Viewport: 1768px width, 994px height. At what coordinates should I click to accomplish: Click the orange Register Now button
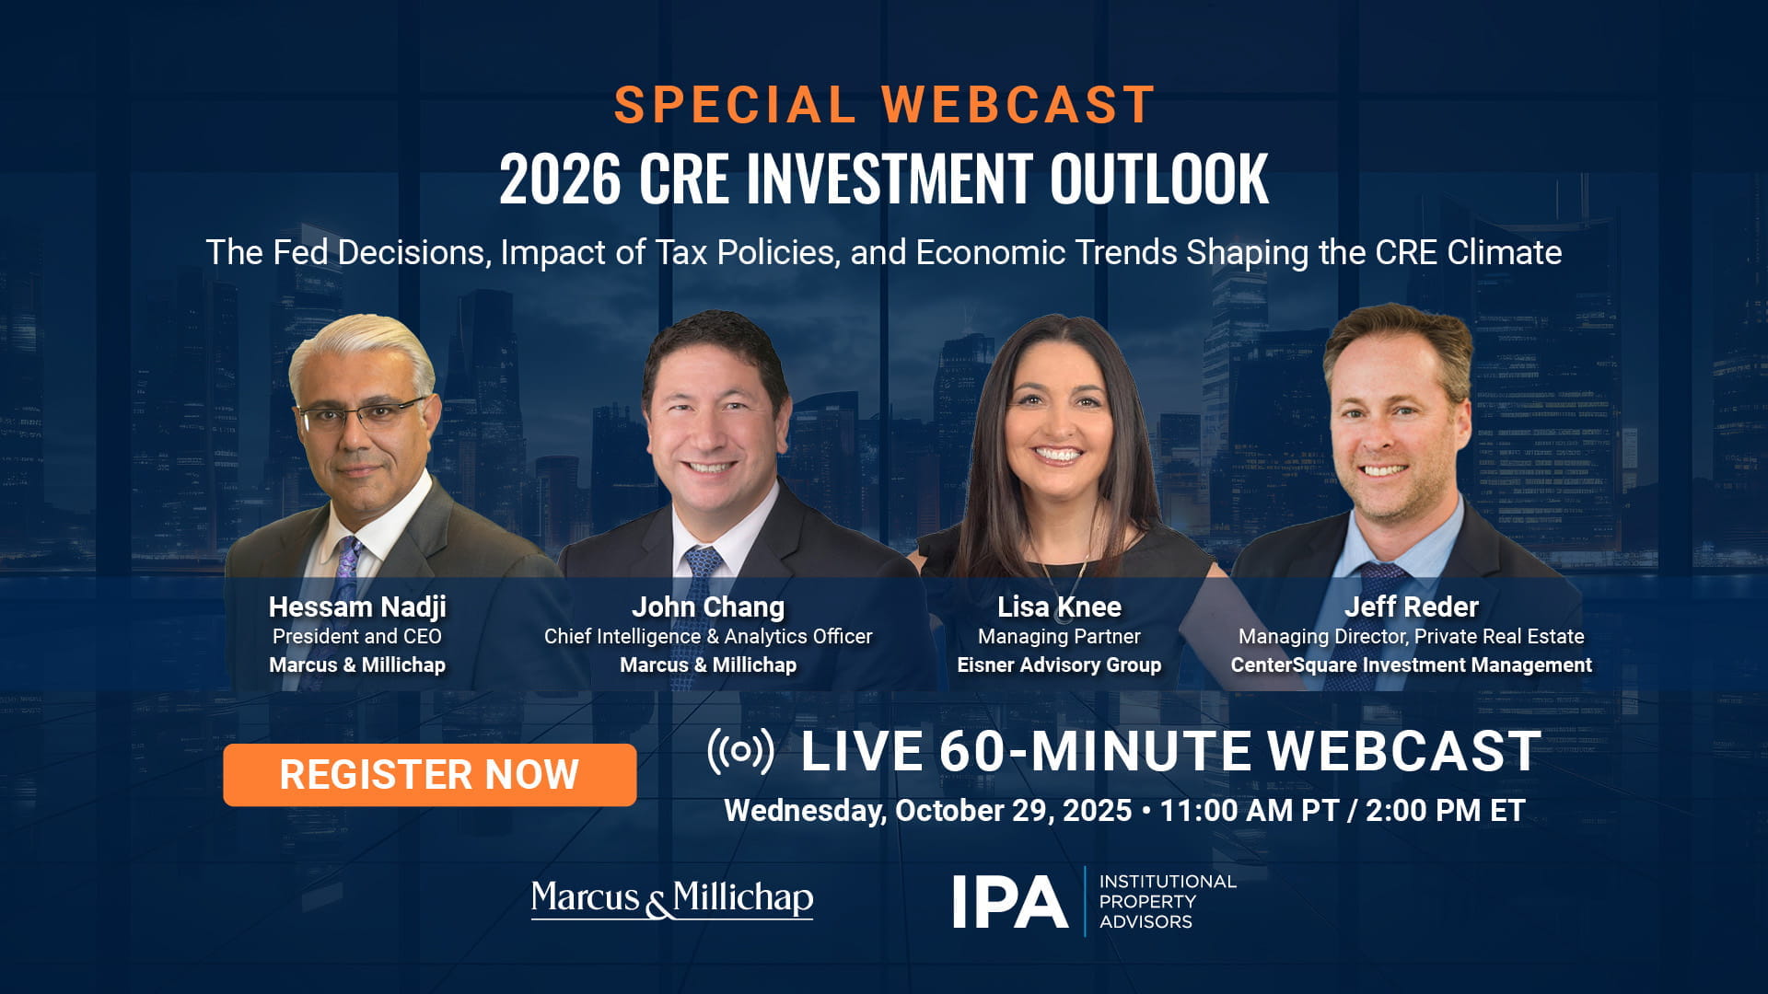click(x=429, y=775)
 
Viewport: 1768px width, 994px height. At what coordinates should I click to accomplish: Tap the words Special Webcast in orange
click(x=885, y=104)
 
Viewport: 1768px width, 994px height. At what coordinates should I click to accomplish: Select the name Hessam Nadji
click(x=357, y=607)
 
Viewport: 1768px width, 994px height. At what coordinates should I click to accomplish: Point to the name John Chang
click(x=708, y=607)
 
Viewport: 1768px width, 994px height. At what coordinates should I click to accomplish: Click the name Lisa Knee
click(x=1059, y=607)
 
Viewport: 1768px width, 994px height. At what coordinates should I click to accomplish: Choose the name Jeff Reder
click(x=1411, y=607)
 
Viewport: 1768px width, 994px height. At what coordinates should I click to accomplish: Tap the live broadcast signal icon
click(x=740, y=751)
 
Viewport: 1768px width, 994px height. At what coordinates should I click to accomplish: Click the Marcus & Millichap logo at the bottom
click(x=672, y=899)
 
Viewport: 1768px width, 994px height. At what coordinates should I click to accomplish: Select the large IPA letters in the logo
click(x=1009, y=902)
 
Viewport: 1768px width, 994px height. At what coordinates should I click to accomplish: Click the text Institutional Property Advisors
click(x=1168, y=902)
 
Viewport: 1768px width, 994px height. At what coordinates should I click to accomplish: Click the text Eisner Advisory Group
click(x=1059, y=665)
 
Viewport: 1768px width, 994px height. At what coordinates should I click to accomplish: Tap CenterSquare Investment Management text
click(x=1411, y=665)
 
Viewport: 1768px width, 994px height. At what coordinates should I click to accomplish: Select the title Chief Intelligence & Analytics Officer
click(x=708, y=636)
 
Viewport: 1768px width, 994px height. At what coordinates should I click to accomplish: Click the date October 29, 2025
click(x=1013, y=811)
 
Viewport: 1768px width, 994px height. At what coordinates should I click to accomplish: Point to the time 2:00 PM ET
click(x=1445, y=811)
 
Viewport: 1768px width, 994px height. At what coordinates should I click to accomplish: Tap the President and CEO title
click(x=357, y=636)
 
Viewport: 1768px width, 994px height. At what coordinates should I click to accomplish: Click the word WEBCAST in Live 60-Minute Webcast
click(x=1404, y=751)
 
